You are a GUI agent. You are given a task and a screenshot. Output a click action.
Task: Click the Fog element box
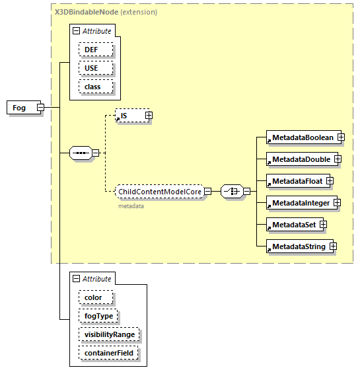click(x=20, y=107)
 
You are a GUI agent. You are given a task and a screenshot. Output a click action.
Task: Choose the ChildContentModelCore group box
click(x=159, y=192)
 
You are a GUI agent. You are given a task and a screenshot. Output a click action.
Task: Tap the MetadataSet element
click(x=292, y=225)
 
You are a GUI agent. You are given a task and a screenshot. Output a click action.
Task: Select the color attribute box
click(x=94, y=297)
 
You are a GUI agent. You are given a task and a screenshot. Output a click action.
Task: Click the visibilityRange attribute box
click(x=109, y=334)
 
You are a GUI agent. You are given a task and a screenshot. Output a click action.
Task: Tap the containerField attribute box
click(x=108, y=354)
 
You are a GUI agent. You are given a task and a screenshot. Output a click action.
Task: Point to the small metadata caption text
click(x=131, y=206)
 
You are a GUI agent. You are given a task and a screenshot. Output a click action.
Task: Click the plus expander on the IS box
click(x=149, y=116)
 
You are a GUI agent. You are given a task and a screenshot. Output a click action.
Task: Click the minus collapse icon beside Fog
click(x=40, y=107)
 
